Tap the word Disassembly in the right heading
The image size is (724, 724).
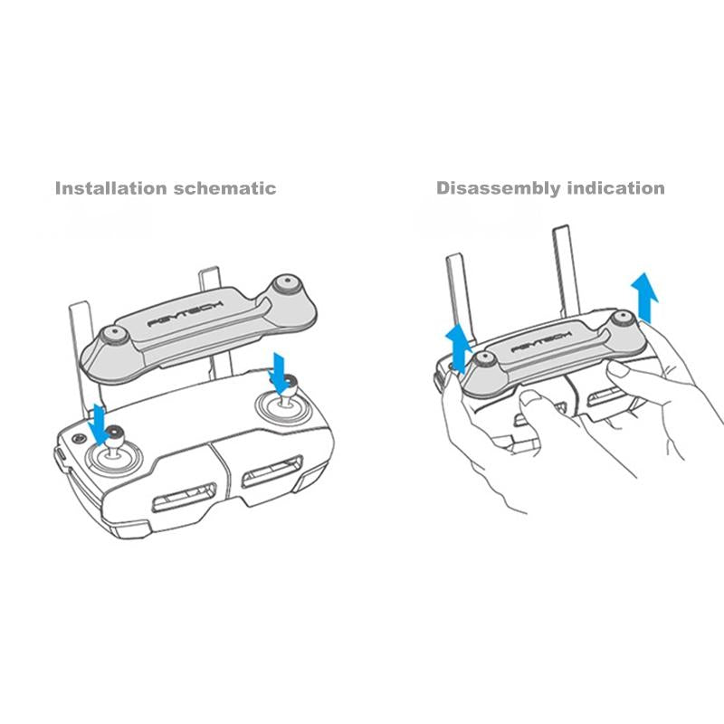[x=491, y=189]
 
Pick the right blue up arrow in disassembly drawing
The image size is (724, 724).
[x=643, y=295]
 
